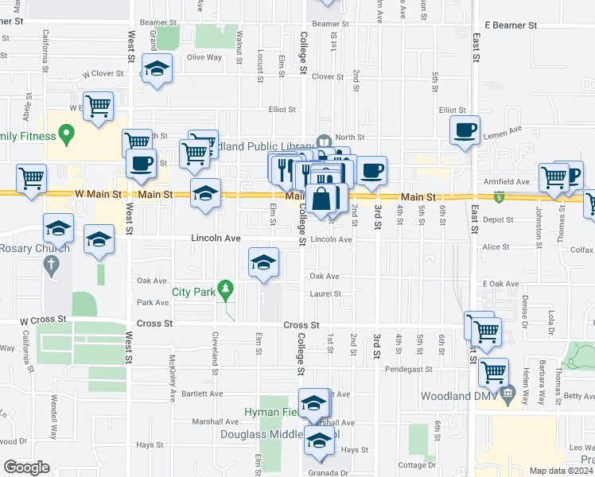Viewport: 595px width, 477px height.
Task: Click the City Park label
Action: click(193, 292)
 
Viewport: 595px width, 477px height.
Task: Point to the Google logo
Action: click(25, 467)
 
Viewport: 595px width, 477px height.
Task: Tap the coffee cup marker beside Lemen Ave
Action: click(465, 130)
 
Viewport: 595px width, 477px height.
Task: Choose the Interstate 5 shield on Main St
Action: click(499, 196)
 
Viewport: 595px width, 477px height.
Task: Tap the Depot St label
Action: click(496, 219)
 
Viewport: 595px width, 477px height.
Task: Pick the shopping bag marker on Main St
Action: click(325, 199)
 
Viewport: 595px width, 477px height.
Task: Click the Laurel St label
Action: click(325, 294)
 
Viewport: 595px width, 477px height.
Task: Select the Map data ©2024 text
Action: click(561, 471)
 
